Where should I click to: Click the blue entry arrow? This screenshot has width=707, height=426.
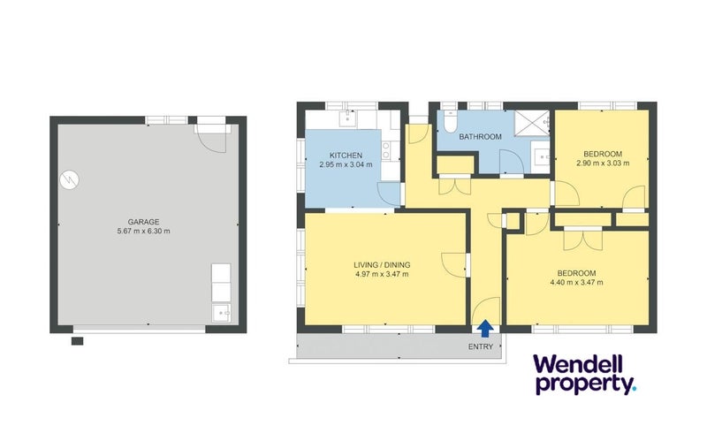[484, 328]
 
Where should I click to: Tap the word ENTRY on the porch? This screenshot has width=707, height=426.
[481, 346]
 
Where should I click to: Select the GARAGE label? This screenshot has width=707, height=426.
[143, 222]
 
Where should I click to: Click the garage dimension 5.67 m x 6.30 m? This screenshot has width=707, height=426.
[143, 232]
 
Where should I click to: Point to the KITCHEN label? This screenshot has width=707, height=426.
[346, 156]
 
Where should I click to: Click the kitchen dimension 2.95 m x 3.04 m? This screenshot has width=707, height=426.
[346, 165]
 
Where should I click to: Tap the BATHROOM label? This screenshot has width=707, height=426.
[480, 137]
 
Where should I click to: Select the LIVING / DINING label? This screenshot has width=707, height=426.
[382, 265]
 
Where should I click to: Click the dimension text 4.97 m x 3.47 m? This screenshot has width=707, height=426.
[382, 274]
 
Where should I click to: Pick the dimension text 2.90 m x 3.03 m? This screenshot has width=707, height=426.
[603, 164]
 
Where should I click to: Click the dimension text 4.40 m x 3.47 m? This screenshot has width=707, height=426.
[577, 283]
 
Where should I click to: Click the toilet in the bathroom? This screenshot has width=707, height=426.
[450, 121]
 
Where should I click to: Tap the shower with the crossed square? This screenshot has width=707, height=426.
[532, 123]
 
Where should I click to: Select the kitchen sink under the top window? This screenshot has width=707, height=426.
[347, 119]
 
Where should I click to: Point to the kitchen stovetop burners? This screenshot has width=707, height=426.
[386, 150]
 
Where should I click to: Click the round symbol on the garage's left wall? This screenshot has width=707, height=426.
[70, 180]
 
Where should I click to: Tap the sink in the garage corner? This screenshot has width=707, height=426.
[221, 312]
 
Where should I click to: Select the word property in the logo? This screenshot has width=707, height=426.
[584, 384]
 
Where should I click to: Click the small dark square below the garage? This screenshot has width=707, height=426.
[77, 341]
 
